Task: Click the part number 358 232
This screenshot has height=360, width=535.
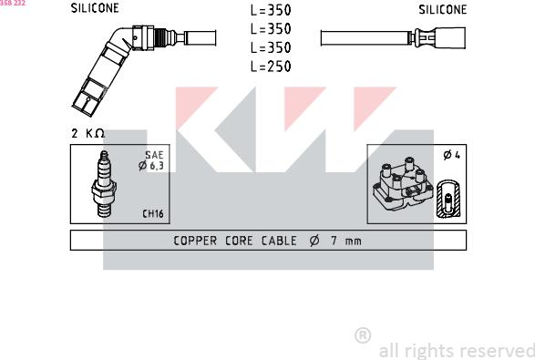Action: point(13,3)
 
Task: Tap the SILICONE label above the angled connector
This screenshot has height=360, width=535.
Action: point(95,8)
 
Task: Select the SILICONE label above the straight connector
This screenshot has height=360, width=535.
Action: point(443,9)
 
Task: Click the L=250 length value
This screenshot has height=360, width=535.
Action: point(271,67)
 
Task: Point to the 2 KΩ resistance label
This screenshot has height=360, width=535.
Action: point(87,133)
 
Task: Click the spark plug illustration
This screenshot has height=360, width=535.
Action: point(104,184)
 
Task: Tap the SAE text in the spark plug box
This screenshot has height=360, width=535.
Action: point(154,155)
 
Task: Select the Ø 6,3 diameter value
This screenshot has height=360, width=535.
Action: point(151,166)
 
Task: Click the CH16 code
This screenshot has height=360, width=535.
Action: point(153,213)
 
